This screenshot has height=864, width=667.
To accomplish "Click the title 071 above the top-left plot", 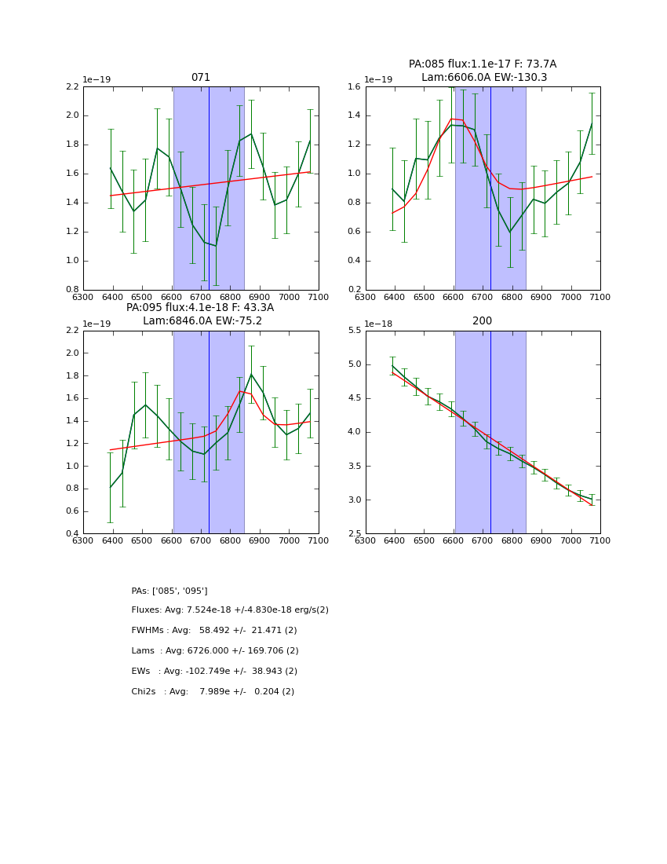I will pyautogui.click(x=200, y=77).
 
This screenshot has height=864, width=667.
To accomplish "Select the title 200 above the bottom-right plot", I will pyautogui.click(x=482, y=321).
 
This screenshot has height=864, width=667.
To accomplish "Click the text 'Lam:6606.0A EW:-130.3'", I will pyautogui.click(x=483, y=77).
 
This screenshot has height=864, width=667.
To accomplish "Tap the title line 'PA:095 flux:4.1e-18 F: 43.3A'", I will pyautogui.click(x=200, y=308).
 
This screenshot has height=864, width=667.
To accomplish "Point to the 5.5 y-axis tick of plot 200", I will pyautogui.click(x=353, y=331).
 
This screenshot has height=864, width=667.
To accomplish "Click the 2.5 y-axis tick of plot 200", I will pyautogui.click(x=353, y=534).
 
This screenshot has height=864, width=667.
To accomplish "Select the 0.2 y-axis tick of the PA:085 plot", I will pyautogui.click(x=353, y=290).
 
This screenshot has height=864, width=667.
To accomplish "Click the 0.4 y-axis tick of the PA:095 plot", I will pyautogui.click(x=71, y=534).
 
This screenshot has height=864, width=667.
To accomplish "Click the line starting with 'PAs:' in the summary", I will pyautogui.click(x=169, y=591).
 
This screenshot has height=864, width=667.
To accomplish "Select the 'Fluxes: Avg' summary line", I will pyautogui.click(x=230, y=610).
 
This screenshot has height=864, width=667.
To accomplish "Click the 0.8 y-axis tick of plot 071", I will pyautogui.click(x=71, y=290).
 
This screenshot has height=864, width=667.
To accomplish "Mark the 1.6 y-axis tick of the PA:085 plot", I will pyautogui.click(x=353, y=86).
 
